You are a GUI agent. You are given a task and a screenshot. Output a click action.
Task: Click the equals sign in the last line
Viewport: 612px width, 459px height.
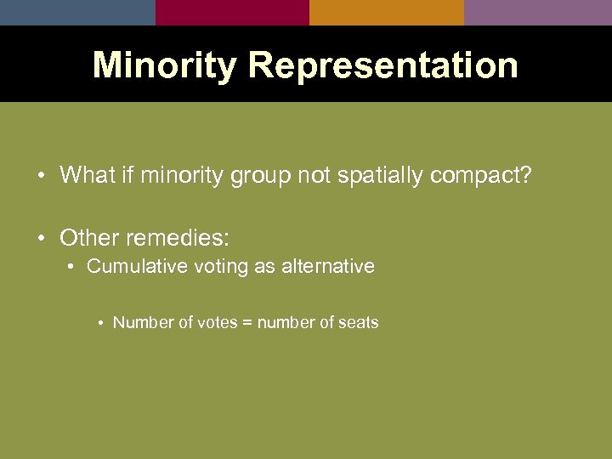[x=247, y=323]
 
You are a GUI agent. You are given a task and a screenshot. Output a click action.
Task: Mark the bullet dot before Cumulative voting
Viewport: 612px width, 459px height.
[x=73, y=267]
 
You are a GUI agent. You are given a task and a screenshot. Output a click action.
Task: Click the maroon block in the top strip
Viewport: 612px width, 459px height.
[x=232, y=12]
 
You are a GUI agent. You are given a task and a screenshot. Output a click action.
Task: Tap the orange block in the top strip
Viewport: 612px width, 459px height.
[x=386, y=12]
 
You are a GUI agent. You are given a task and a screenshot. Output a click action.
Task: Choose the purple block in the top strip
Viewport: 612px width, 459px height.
[x=537, y=12]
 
